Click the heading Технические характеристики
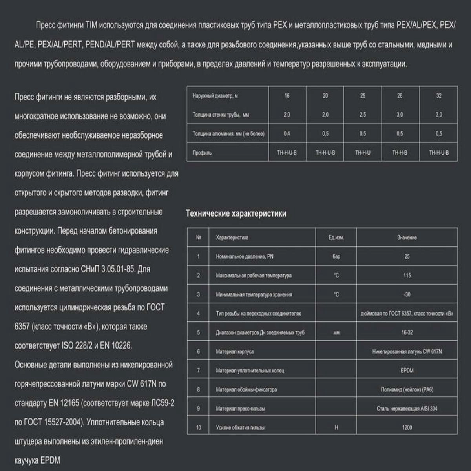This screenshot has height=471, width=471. coord(236,214)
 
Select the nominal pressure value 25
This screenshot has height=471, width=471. coord(407,257)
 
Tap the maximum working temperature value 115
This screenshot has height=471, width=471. coord(407,276)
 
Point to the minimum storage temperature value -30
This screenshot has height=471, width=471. coord(407,294)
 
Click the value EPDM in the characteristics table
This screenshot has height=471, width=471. coord(407,371)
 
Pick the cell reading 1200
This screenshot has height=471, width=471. coord(407,427)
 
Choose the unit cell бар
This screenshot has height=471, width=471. coord(336,257)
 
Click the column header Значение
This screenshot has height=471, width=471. coord(407,237)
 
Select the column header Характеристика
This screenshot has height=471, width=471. coord(232,237)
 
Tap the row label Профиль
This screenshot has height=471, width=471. coord(202,153)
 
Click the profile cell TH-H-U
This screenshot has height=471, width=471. coord(362,153)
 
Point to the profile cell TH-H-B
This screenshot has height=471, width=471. coord(400,153)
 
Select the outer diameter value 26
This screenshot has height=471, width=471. coord(400,96)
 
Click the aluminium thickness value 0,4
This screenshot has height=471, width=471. coord(287,134)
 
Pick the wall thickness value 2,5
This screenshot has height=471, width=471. coord(362,115)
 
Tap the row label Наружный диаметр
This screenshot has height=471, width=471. coord(215,96)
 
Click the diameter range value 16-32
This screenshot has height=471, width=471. coord(407,332)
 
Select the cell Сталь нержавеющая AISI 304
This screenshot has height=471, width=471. coord(407,409)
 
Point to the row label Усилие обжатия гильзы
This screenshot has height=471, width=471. coord(240,427)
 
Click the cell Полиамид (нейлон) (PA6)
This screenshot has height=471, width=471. coord(407,390)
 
